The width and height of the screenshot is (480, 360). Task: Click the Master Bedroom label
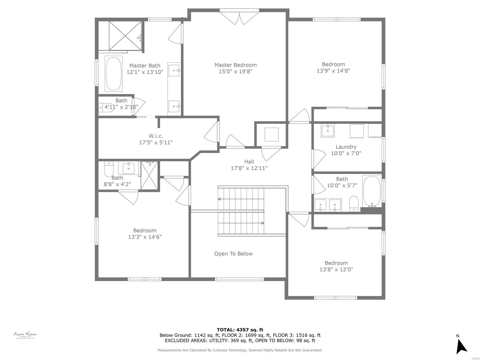tap(235, 65)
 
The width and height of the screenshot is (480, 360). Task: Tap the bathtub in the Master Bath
tap(113, 74)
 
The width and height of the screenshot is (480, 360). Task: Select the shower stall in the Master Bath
tap(124, 36)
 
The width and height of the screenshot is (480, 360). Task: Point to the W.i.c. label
tap(156, 136)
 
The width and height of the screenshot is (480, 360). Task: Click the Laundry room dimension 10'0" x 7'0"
tap(346, 153)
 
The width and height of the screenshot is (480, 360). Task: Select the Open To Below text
tap(233, 254)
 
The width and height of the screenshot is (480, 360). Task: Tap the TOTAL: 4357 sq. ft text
tap(240, 330)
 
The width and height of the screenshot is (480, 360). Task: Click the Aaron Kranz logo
tap(25, 335)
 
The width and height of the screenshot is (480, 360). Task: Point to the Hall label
tap(249, 162)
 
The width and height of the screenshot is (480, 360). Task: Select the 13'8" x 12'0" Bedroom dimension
tap(336, 269)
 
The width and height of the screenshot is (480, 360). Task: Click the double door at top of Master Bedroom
tap(239, 17)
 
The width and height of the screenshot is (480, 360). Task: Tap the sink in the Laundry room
tap(328, 131)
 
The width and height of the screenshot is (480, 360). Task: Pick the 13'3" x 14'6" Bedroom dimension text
tap(145, 237)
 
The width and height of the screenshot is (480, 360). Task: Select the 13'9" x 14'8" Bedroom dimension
tap(333, 71)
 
